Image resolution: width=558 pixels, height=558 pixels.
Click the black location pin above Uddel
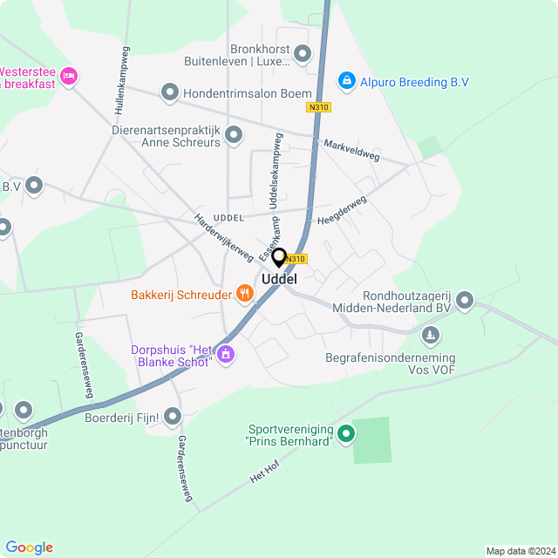(279, 257)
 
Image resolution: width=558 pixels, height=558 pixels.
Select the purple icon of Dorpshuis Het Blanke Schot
(226, 353)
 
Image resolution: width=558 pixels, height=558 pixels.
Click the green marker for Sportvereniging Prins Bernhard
(346, 432)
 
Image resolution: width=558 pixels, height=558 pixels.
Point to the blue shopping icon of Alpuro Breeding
(347, 81)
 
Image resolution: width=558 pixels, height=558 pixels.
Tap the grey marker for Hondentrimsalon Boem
(169, 92)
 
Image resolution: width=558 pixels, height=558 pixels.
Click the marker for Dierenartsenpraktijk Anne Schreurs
(234, 135)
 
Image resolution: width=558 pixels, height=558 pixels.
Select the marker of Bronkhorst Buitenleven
(303, 54)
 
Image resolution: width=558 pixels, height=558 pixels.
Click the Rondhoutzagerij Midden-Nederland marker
(465, 302)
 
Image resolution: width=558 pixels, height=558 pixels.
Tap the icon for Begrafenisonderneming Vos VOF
(430, 335)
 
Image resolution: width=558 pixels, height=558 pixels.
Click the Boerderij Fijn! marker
(173, 418)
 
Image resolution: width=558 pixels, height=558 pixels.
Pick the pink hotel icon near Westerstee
(70, 77)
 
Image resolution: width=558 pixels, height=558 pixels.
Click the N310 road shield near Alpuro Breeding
(318, 107)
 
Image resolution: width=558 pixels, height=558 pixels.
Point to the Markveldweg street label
(351, 149)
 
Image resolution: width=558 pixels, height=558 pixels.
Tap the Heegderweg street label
(342, 212)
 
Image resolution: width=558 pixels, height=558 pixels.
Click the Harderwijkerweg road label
(224, 238)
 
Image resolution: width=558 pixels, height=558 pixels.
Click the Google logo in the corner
(29, 547)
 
